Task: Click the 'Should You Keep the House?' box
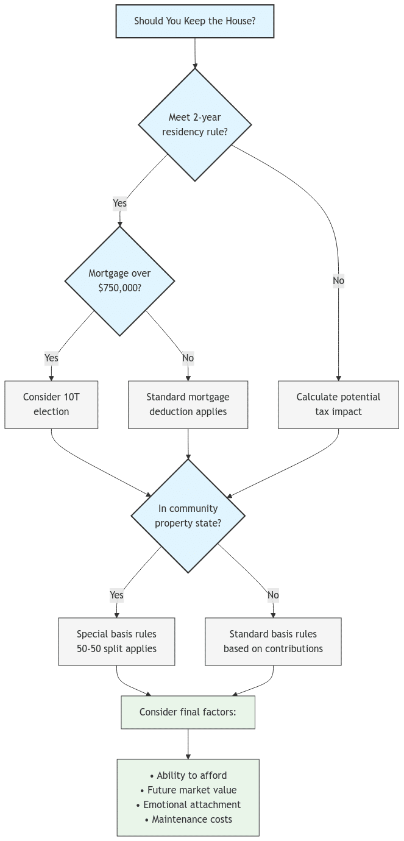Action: (x=194, y=21)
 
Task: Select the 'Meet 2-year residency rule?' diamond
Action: (x=194, y=124)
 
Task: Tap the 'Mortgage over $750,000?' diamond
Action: (x=119, y=280)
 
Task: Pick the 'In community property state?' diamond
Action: (x=188, y=516)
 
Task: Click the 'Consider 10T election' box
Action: (x=51, y=404)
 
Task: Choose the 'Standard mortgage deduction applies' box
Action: (x=188, y=404)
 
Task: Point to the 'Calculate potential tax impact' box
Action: (x=338, y=404)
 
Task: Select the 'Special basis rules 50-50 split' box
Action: (x=116, y=641)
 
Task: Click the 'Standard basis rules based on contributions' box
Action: (x=273, y=641)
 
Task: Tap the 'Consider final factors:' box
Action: (x=188, y=712)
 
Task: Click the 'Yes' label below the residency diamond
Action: (x=120, y=203)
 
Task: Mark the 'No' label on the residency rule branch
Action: (x=338, y=281)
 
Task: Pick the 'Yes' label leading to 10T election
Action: (x=51, y=358)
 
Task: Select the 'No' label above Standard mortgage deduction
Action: (x=188, y=358)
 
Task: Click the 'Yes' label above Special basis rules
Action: (x=116, y=595)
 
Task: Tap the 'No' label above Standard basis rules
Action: (x=273, y=595)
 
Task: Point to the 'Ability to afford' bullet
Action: (x=188, y=775)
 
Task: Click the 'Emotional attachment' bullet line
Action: (x=188, y=804)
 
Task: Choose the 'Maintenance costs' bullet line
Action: (x=188, y=819)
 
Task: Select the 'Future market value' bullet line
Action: (x=188, y=790)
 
